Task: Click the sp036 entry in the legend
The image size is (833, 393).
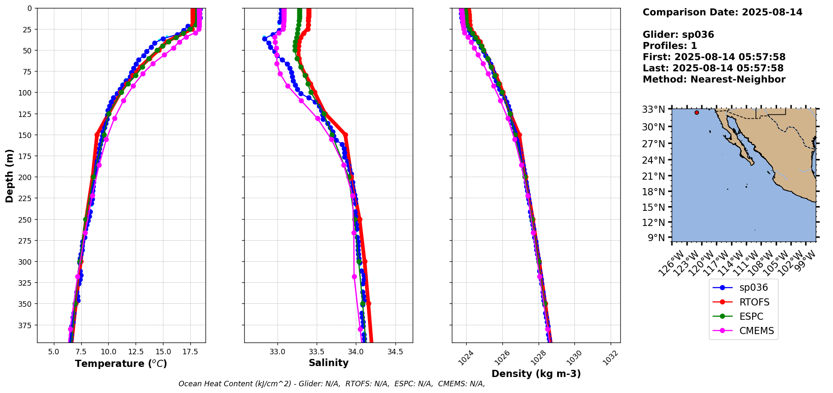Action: point(753,288)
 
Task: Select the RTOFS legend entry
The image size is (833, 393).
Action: point(754,302)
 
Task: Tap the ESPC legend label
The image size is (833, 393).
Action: point(751,316)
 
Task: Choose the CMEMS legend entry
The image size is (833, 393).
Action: point(756,331)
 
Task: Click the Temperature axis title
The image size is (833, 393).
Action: point(121,364)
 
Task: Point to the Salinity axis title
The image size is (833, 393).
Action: point(328,363)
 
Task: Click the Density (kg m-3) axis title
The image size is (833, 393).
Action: point(536,374)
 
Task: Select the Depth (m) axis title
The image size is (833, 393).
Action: point(9,175)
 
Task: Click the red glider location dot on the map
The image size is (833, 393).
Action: point(697,112)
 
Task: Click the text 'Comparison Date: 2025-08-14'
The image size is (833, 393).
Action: point(722,12)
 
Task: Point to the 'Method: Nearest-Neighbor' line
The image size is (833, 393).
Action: point(714,80)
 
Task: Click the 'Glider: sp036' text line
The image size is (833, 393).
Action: point(678,35)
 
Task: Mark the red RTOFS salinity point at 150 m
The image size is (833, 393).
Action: point(346,135)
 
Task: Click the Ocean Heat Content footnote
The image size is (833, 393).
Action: point(331,384)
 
